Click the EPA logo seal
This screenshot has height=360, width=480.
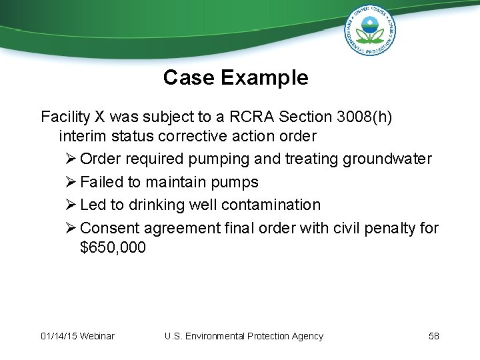click(371, 30)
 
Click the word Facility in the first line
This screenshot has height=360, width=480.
click(65, 117)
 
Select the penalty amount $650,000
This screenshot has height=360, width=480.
click(112, 248)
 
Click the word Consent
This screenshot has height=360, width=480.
click(110, 228)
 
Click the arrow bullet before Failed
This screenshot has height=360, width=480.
click(71, 182)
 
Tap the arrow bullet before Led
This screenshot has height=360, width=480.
click(71, 205)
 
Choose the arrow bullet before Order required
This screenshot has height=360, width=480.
click(71, 159)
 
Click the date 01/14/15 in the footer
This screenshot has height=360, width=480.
click(59, 336)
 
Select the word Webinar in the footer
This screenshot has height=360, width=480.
click(97, 336)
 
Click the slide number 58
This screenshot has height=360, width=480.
click(434, 336)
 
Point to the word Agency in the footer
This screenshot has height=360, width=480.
click(307, 336)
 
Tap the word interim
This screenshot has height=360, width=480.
click(81, 137)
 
